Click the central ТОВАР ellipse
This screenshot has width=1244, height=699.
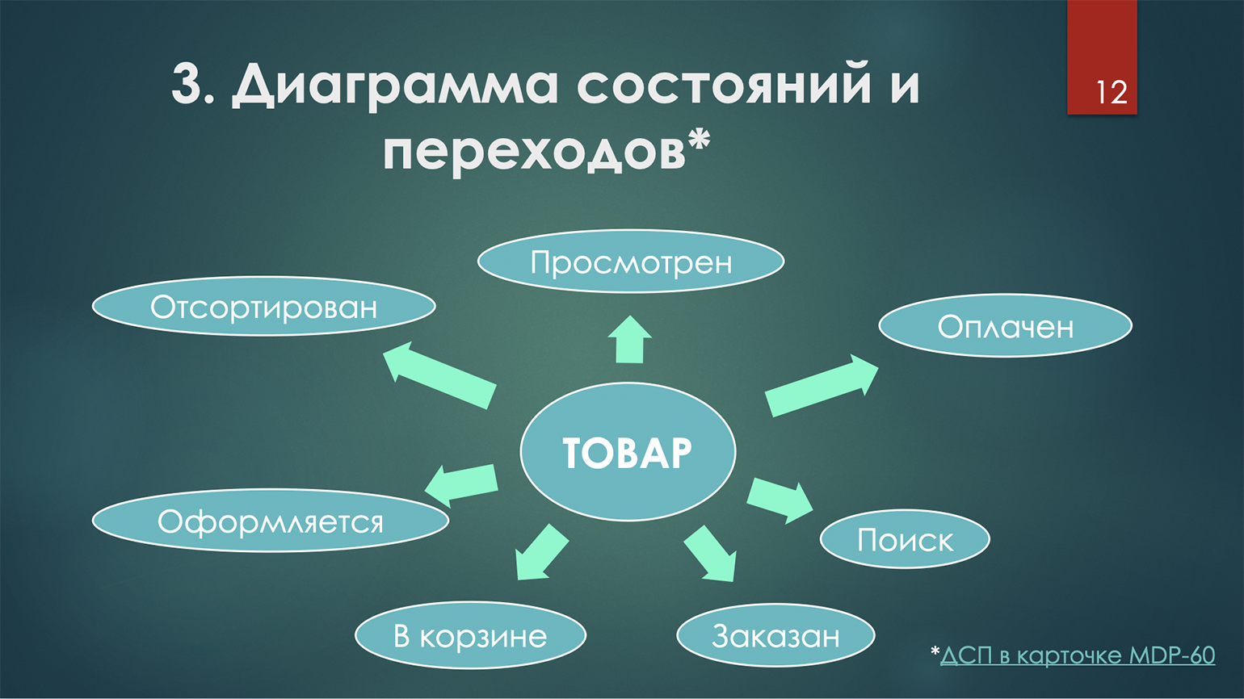pyautogui.click(x=628, y=451)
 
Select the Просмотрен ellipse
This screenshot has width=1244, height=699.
pyautogui.click(x=631, y=262)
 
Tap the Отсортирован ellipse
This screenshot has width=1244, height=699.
pyautogui.click(x=264, y=306)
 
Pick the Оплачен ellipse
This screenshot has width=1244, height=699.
pyautogui.click(x=1005, y=325)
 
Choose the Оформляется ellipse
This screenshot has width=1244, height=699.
pyautogui.click(x=271, y=521)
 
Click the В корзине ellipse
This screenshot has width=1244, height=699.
pyautogui.click(x=470, y=635)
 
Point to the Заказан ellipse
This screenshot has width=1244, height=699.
pyautogui.click(x=775, y=635)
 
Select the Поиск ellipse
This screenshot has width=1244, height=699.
pyautogui.click(x=905, y=539)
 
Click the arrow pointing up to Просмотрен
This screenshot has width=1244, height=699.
pyautogui.click(x=630, y=340)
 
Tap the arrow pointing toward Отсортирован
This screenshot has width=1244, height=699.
pyautogui.click(x=439, y=375)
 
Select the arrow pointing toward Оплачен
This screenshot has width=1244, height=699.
pyautogui.click(x=822, y=386)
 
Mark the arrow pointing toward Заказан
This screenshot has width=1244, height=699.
pyautogui.click(x=710, y=554)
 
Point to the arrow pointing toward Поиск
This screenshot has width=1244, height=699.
pyautogui.click(x=780, y=501)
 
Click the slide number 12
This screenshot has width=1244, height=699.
pyautogui.click(x=1112, y=93)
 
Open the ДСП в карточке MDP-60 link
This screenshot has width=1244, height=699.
pyautogui.click(x=1078, y=655)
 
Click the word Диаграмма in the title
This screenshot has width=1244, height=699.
pyautogui.click(x=395, y=84)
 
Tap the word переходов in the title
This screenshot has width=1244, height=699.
pyautogui.click(x=534, y=151)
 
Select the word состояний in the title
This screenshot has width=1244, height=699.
pyautogui.click(x=724, y=83)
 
